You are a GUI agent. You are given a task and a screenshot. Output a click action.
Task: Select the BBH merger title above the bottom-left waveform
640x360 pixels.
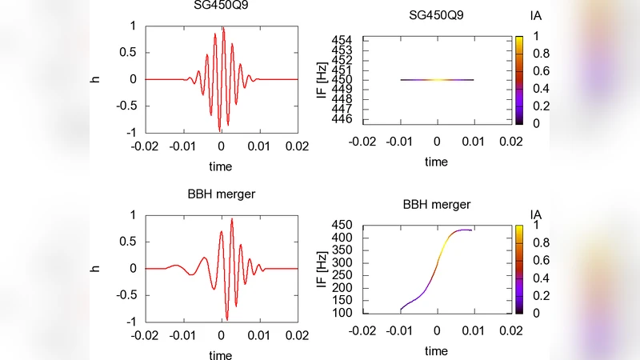click(x=220, y=193)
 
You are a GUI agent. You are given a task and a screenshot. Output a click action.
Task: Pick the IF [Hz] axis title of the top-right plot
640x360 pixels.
click(x=321, y=79)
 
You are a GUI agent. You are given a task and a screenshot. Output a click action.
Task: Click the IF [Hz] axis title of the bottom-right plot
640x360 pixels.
click(x=321, y=269)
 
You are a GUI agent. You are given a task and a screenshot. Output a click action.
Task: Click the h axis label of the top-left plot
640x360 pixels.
click(x=94, y=79)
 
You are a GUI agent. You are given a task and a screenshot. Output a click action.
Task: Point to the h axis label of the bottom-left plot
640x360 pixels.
click(x=94, y=268)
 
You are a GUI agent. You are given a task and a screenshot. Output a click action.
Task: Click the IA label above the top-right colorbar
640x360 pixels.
click(x=537, y=16)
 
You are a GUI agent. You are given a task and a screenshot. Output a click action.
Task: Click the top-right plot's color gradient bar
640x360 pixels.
click(x=518, y=79)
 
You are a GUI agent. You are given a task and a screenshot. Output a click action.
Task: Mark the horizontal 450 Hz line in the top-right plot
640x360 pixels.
click(x=437, y=80)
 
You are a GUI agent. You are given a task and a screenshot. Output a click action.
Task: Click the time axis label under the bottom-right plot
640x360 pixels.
click(x=436, y=350)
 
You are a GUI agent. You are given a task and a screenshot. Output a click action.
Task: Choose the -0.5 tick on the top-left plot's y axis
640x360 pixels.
click(x=123, y=106)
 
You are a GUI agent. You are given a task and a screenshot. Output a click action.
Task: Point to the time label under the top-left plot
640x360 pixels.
click(x=220, y=166)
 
